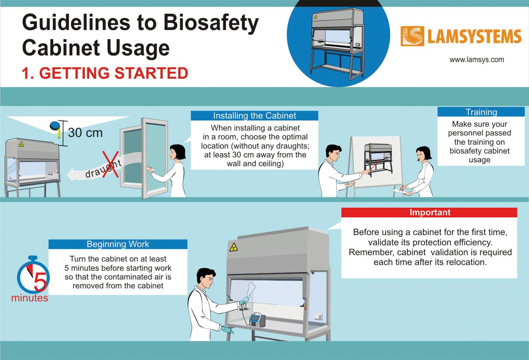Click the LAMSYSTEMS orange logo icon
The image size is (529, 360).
412,36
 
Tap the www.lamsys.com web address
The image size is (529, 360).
476,60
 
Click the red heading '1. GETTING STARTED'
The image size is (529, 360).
105,73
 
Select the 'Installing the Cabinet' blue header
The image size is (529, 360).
254,116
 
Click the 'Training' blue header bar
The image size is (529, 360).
481,112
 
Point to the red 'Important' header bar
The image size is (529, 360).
429,212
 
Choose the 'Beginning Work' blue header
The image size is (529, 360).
118,244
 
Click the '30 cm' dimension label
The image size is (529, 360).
85,133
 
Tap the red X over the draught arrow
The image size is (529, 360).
110,164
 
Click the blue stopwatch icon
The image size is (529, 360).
32,275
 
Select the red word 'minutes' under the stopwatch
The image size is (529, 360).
30,298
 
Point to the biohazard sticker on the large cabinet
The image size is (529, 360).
233,247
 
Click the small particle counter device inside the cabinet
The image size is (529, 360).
257,319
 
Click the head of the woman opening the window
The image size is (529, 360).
177,152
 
